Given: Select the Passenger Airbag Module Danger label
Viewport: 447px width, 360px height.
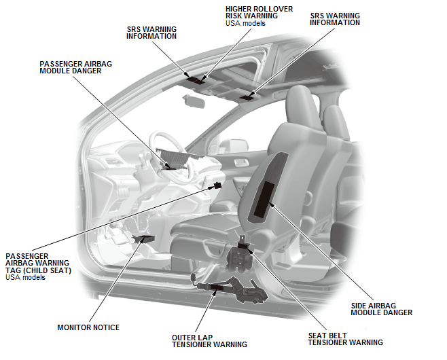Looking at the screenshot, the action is (x=75, y=67).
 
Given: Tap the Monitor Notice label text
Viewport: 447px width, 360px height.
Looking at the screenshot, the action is (x=88, y=327).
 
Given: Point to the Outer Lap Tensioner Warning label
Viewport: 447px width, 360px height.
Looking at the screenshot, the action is (x=209, y=341).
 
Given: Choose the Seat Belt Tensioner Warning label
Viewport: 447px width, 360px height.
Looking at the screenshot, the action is (x=346, y=339).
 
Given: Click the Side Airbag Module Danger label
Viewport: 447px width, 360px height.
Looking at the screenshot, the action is (x=381, y=309).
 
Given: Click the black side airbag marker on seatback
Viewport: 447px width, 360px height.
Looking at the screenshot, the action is (x=264, y=198).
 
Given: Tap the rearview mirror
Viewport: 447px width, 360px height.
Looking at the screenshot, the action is (x=194, y=101).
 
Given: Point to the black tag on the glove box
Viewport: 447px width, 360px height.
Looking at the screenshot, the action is (x=218, y=185).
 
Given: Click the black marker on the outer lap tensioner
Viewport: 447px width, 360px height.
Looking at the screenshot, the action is (x=217, y=287).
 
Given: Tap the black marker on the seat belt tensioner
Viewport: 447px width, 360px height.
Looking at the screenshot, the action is (x=243, y=245).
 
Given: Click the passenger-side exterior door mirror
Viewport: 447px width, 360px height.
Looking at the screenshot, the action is (x=233, y=146).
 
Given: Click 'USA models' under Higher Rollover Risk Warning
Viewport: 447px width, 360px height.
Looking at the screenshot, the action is (x=245, y=23).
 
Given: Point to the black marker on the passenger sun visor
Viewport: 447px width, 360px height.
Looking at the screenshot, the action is (x=247, y=98).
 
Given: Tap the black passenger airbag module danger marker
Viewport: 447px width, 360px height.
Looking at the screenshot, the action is (x=171, y=168).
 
